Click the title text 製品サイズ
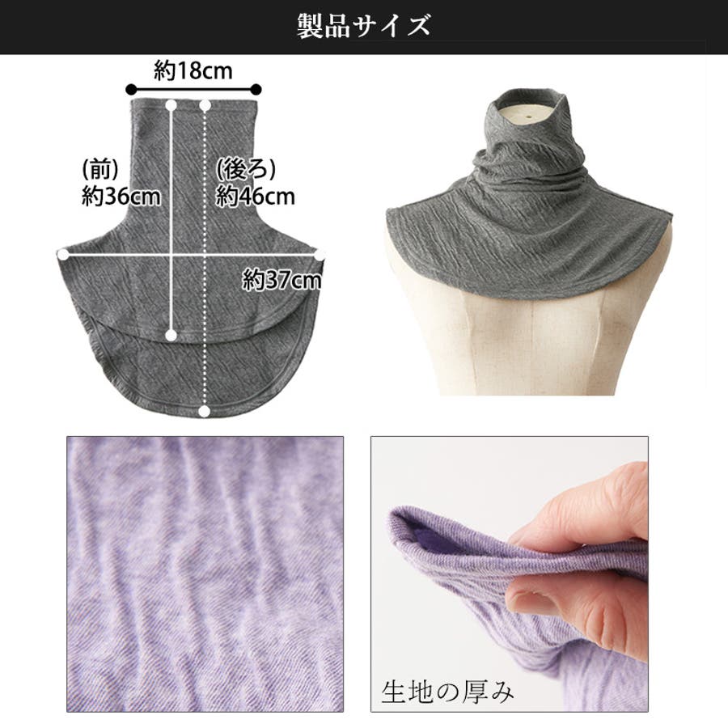pyautogui.click(x=363, y=26)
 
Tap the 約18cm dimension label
pyautogui.click(x=193, y=71)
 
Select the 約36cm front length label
pyautogui.click(x=121, y=197)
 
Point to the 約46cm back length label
pyautogui.click(x=256, y=197)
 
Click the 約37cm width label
pyautogui.click(x=281, y=280)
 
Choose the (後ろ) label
pyautogui.click(x=246, y=170)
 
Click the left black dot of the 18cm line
pyautogui.click(x=131, y=90)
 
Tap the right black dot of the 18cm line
pyautogui.click(x=256, y=90)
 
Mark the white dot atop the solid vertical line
pyautogui.click(x=171, y=106)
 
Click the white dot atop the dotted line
pyautogui.click(x=205, y=106)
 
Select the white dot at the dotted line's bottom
pyautogui.click(x=204, y=411)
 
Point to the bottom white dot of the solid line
pyautogui.click(x=171, y=335)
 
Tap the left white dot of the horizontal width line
pyautogui.click(x=62, y=255)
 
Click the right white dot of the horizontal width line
pyautogui.click(x=320, y=255)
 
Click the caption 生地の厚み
pyautogui.click(x=447, y=692)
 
